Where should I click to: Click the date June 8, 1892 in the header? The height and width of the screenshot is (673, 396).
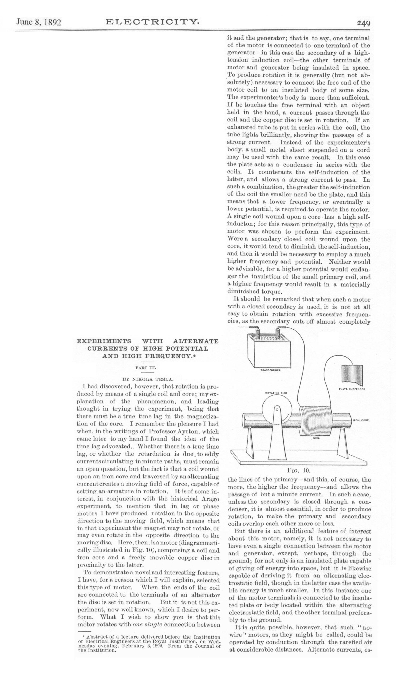(x=39, y=22)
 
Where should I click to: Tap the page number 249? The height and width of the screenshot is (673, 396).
(x=364, y=23)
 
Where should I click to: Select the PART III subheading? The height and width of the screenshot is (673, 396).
(x=147, y=368)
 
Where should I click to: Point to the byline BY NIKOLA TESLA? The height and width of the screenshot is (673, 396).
(x=148, y=379)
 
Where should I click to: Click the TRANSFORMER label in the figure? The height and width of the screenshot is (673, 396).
(x=270, y=370)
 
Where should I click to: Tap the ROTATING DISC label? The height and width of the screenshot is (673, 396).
(x=276, y=393)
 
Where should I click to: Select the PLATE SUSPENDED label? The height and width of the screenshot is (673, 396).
(x=352, y=389)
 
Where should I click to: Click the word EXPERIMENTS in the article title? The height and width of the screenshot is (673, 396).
(x=104, y=341)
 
